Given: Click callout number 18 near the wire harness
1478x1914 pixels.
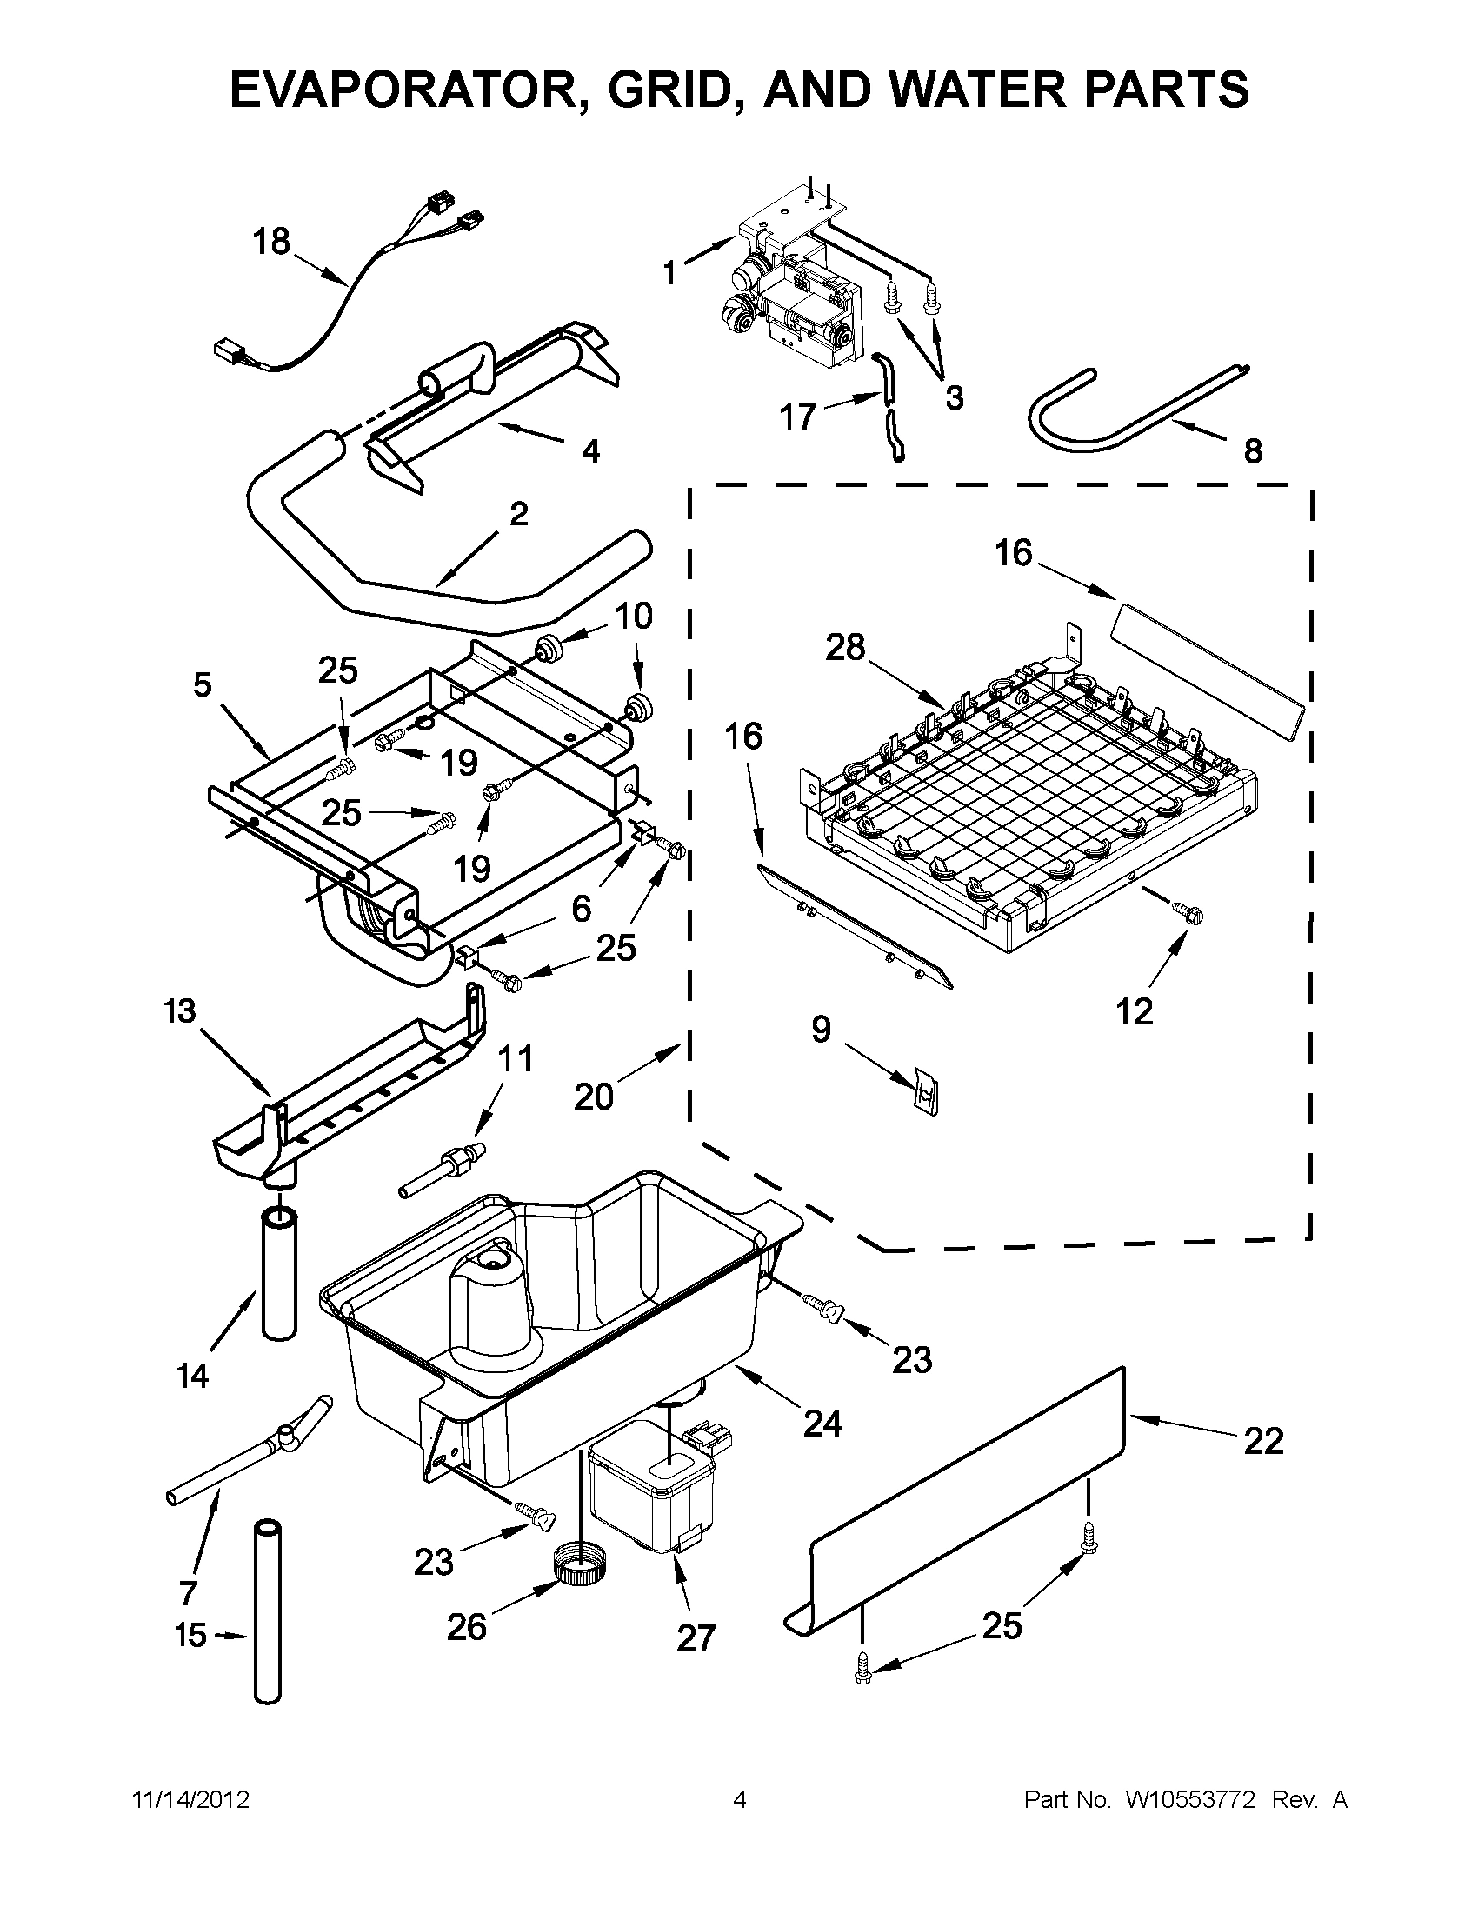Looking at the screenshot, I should click(x=271, y=241).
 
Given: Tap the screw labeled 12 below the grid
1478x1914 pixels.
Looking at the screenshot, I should click(x=1192, y=914).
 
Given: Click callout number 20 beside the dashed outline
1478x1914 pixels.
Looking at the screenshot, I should click(x=593, y=1096).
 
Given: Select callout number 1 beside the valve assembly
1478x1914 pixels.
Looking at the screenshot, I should click(x=670, y=273).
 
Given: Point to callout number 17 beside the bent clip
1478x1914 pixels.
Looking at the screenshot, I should click(x=798, y=417).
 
